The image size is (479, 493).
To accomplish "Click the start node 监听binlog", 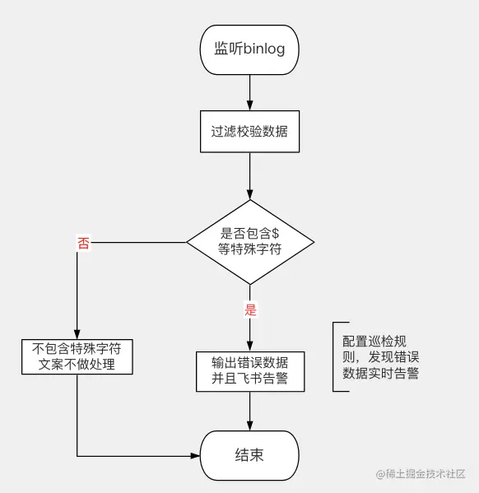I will [x=249, y=49].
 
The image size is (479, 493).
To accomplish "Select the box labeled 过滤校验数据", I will [x=249, y=131].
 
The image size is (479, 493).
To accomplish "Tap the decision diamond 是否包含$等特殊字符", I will [x=249, y=241].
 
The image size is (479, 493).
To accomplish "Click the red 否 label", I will [x=83, y=243].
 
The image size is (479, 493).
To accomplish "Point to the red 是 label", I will [x=250, y=310].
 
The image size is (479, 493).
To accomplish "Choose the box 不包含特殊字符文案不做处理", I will [x=77, y=356].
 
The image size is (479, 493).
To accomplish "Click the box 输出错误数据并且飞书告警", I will [x=249, y=372].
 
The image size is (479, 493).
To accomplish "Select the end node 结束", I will [x=249, y=455].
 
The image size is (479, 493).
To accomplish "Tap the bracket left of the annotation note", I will [x=335, y=356].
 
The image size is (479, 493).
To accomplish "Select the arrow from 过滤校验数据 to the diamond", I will [x=249, y=174].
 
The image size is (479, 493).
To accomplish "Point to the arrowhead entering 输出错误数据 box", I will [x=249, y=346].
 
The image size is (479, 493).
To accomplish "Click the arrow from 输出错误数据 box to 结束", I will [x=249, y=411].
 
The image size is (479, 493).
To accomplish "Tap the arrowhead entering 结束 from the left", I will [x=196, y=455].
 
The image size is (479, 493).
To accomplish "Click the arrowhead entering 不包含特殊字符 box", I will [x=77, y=333].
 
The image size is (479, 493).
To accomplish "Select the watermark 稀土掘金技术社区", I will [x=421, y=474].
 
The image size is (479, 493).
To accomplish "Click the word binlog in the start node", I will [x=264, y=49].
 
